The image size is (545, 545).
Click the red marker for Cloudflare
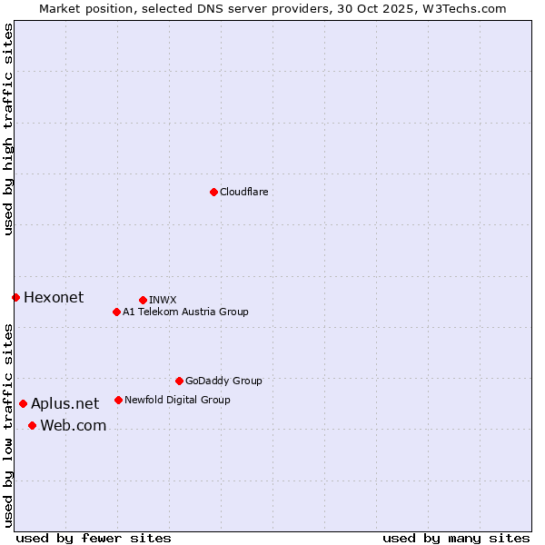(x=213, y=192)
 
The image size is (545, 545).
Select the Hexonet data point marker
(x=15, y=297)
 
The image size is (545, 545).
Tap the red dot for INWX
(x=143, y=300)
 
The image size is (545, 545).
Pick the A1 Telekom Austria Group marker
(x=116, y=312)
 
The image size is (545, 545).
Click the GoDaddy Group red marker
(x=179, y=381)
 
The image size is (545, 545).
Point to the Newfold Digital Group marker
(x=118, y=400)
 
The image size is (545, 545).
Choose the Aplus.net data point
(x=23, y=403)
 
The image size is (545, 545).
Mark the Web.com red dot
(x=32, y=425)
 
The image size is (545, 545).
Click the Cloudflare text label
(x=244, y=192)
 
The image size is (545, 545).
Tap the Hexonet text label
(x=54, y=297)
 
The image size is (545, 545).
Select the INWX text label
(x=163, y=300)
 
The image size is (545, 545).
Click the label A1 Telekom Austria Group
(x=185, y=312)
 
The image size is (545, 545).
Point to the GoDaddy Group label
(x=223, y=381)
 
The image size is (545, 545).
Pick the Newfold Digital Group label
(x=177, y=400)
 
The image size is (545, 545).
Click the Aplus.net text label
(x=65, y=403)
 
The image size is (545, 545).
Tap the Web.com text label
(x=74, y=425)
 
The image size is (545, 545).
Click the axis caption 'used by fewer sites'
(x=94, y=538)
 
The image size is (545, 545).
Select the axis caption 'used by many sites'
(x=456, y=538)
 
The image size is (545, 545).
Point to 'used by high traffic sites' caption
(x=8, y=129)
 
